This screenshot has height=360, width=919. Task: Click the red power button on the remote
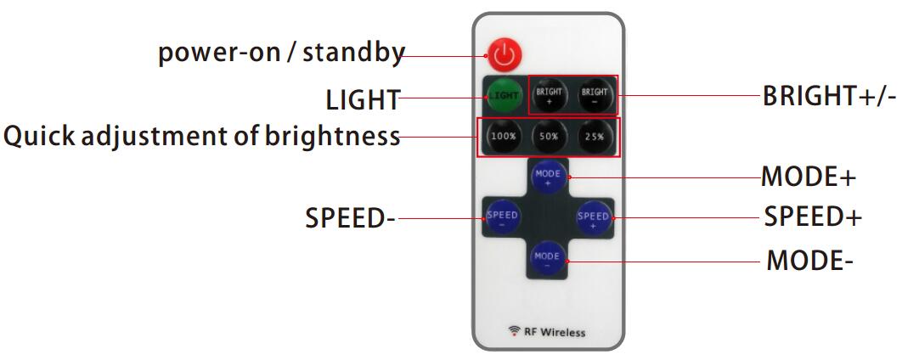click(x=504, y=54)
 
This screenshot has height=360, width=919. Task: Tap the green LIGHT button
click(x=504, y=96)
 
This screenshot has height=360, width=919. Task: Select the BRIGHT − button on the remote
click(x=595, y=96)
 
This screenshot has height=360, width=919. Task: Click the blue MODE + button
click(x=549, y=177)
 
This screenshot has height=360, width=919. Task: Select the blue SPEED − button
click(x=502, y=218)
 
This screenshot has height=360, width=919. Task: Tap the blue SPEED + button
click(x=594, y=218)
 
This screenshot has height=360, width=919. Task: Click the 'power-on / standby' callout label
click(x=282, y=53)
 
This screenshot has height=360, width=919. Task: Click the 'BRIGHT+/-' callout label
click(x=829, y=96)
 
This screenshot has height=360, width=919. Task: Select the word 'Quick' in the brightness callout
click(x=40, y=136)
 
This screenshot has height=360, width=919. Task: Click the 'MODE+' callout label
click(x=809, y=177)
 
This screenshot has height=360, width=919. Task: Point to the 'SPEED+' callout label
click(x=813, y=217)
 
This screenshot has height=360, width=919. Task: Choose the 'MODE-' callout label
click(x=810, y=260)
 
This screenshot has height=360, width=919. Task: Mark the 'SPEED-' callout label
click(x=351, y=219)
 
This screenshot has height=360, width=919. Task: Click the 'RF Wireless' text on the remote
click(x=547, y=333)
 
